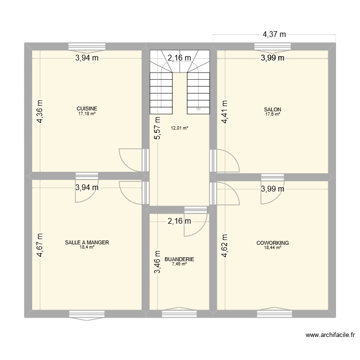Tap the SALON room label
tap(273, 109)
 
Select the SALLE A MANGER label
tap(87, 243)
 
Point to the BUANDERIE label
tap(180, 259)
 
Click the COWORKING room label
tap(272, 243)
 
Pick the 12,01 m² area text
tap(180, 128)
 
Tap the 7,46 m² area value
tap(180, 264)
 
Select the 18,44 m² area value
tap(272, 248)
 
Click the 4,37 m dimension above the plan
tap(274, 34)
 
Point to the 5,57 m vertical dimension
tap(157, 129)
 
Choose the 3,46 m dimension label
tap(157, 262)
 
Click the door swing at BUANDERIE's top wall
tap(196, 222)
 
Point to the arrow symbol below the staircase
tap(199, 109)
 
